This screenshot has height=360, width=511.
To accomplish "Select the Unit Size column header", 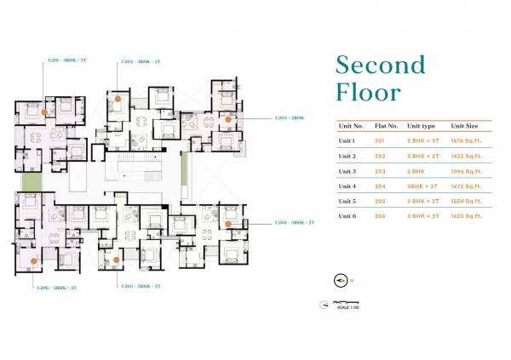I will pos(464,125).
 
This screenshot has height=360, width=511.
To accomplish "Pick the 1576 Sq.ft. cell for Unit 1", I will pos(466,140).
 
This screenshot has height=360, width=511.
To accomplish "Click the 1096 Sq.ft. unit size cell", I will pos(466,171).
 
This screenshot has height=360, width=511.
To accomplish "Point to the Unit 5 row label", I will pos(347,201).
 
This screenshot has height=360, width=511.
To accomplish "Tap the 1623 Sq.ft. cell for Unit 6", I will pos(466,216).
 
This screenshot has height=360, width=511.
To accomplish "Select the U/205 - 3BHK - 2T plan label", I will pos(140,287).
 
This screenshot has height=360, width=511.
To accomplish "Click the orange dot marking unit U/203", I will pos(227,119).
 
